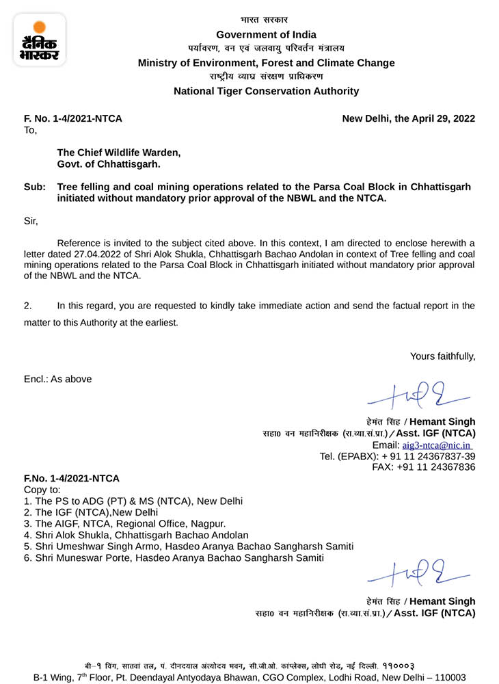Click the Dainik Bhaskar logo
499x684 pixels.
coord(39,40)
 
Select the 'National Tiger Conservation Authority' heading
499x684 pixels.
coord(266,91)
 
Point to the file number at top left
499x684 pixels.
coord(73,118)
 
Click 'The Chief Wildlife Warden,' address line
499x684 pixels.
coord(119,153)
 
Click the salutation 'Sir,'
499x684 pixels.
coord(31,221)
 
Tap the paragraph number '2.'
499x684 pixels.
coord(28,306)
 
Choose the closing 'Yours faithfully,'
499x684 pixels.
coord(442,356)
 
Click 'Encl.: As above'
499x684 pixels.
coord(58,379)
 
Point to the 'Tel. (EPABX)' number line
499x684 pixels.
coord(398,456)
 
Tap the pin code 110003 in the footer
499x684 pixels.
coord(449,676)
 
